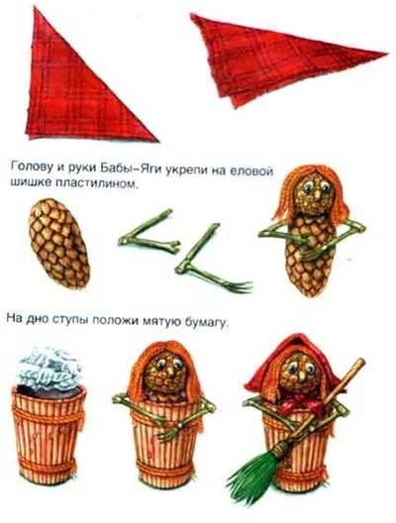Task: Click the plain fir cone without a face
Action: [x=59, y=243]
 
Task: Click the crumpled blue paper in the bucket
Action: [x=50, y=368]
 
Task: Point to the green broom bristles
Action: [x=256, y=466]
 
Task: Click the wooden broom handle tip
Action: [x=361, y=362]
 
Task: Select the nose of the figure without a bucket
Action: [x=317, y=194]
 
